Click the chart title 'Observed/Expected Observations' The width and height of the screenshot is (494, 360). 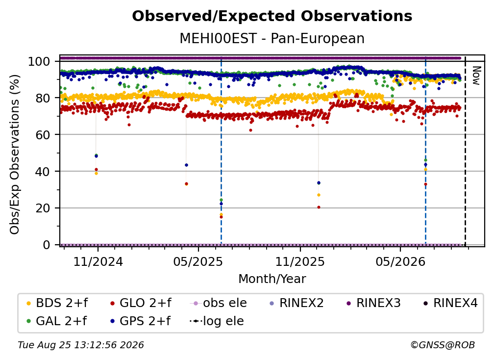tap(272, 16)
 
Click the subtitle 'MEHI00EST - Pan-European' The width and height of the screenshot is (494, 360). tap(272, 38)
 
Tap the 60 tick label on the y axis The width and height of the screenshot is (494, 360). tap(43, 135)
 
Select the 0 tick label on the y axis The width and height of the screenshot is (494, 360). tap(47, 245)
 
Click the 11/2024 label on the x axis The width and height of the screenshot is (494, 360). tap(98, 261)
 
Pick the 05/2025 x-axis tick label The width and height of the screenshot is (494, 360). tap(198, 261)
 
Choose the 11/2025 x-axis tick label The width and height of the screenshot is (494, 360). tap(300, 261)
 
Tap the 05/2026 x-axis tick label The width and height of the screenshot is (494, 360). tap(400, 261)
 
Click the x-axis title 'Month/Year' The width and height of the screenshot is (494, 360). tap(272, 279)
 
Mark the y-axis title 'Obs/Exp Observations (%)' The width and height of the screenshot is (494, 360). tap(15, 154)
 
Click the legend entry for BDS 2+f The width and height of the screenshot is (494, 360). tap(57, 303)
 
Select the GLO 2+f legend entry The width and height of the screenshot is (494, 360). tap(141, 303)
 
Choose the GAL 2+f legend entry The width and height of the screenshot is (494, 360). tap(56, 321)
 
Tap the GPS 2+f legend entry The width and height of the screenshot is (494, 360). tap(140, 321)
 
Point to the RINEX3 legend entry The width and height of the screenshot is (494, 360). tap(373, 303)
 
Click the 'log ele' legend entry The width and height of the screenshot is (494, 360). tap(217, 321)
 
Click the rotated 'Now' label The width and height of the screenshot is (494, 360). tap(476, 76)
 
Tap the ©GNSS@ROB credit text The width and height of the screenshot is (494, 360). tap(443, 345)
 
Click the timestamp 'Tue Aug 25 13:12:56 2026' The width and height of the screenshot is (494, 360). tap(81, 345)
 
